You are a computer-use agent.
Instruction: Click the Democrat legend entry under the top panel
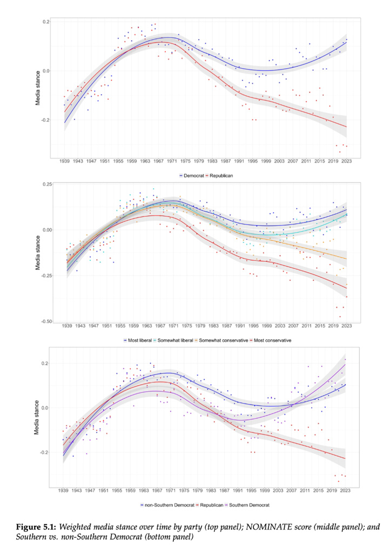192,176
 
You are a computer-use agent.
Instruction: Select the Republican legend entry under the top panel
219,176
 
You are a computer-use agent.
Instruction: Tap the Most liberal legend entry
138,340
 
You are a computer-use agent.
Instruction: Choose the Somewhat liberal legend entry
173,340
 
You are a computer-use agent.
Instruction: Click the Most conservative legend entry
270,340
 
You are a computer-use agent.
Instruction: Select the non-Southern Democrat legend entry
167,505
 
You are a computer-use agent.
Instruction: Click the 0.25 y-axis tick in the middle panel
47,184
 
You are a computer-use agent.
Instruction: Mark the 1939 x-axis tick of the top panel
64,161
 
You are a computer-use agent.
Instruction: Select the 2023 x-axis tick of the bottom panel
345,491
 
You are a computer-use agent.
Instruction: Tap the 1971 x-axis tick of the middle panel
174,326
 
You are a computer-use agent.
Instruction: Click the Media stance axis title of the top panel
38,88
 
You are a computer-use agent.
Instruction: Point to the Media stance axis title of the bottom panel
37,417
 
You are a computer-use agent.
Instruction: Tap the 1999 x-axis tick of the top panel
266,161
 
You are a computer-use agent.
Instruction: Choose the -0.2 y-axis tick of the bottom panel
45,452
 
